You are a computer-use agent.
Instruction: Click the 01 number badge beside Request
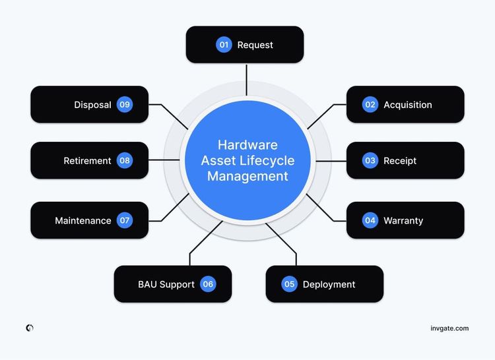[x=224, y=45]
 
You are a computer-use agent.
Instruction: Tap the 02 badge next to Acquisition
[x=370, y=104]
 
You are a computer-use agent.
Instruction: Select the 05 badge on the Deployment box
[x=289, y=284]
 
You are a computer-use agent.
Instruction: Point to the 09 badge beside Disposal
[x=125, y=104]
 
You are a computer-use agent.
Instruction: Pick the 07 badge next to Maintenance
[x=125, y=220]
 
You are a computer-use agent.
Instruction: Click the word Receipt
[x=400, y=161]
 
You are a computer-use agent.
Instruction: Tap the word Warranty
[x=403, y=221]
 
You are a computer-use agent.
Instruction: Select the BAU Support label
[x=166, y=284]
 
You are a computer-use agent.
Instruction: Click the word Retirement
[x=87, y=161]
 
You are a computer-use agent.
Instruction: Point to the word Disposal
[x=92, y=105]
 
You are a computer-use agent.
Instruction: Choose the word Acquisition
[x=408, y=105]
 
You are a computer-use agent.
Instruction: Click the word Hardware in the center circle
[x=247, y=145]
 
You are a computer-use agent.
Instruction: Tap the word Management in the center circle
[x=247, y=176]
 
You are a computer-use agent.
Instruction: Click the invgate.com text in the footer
[x=449, y=328]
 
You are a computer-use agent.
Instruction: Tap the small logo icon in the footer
[x=30, y=328]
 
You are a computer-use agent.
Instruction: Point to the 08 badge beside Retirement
[x=125, y=160]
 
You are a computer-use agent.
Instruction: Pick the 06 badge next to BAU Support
[x=209, y=284]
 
